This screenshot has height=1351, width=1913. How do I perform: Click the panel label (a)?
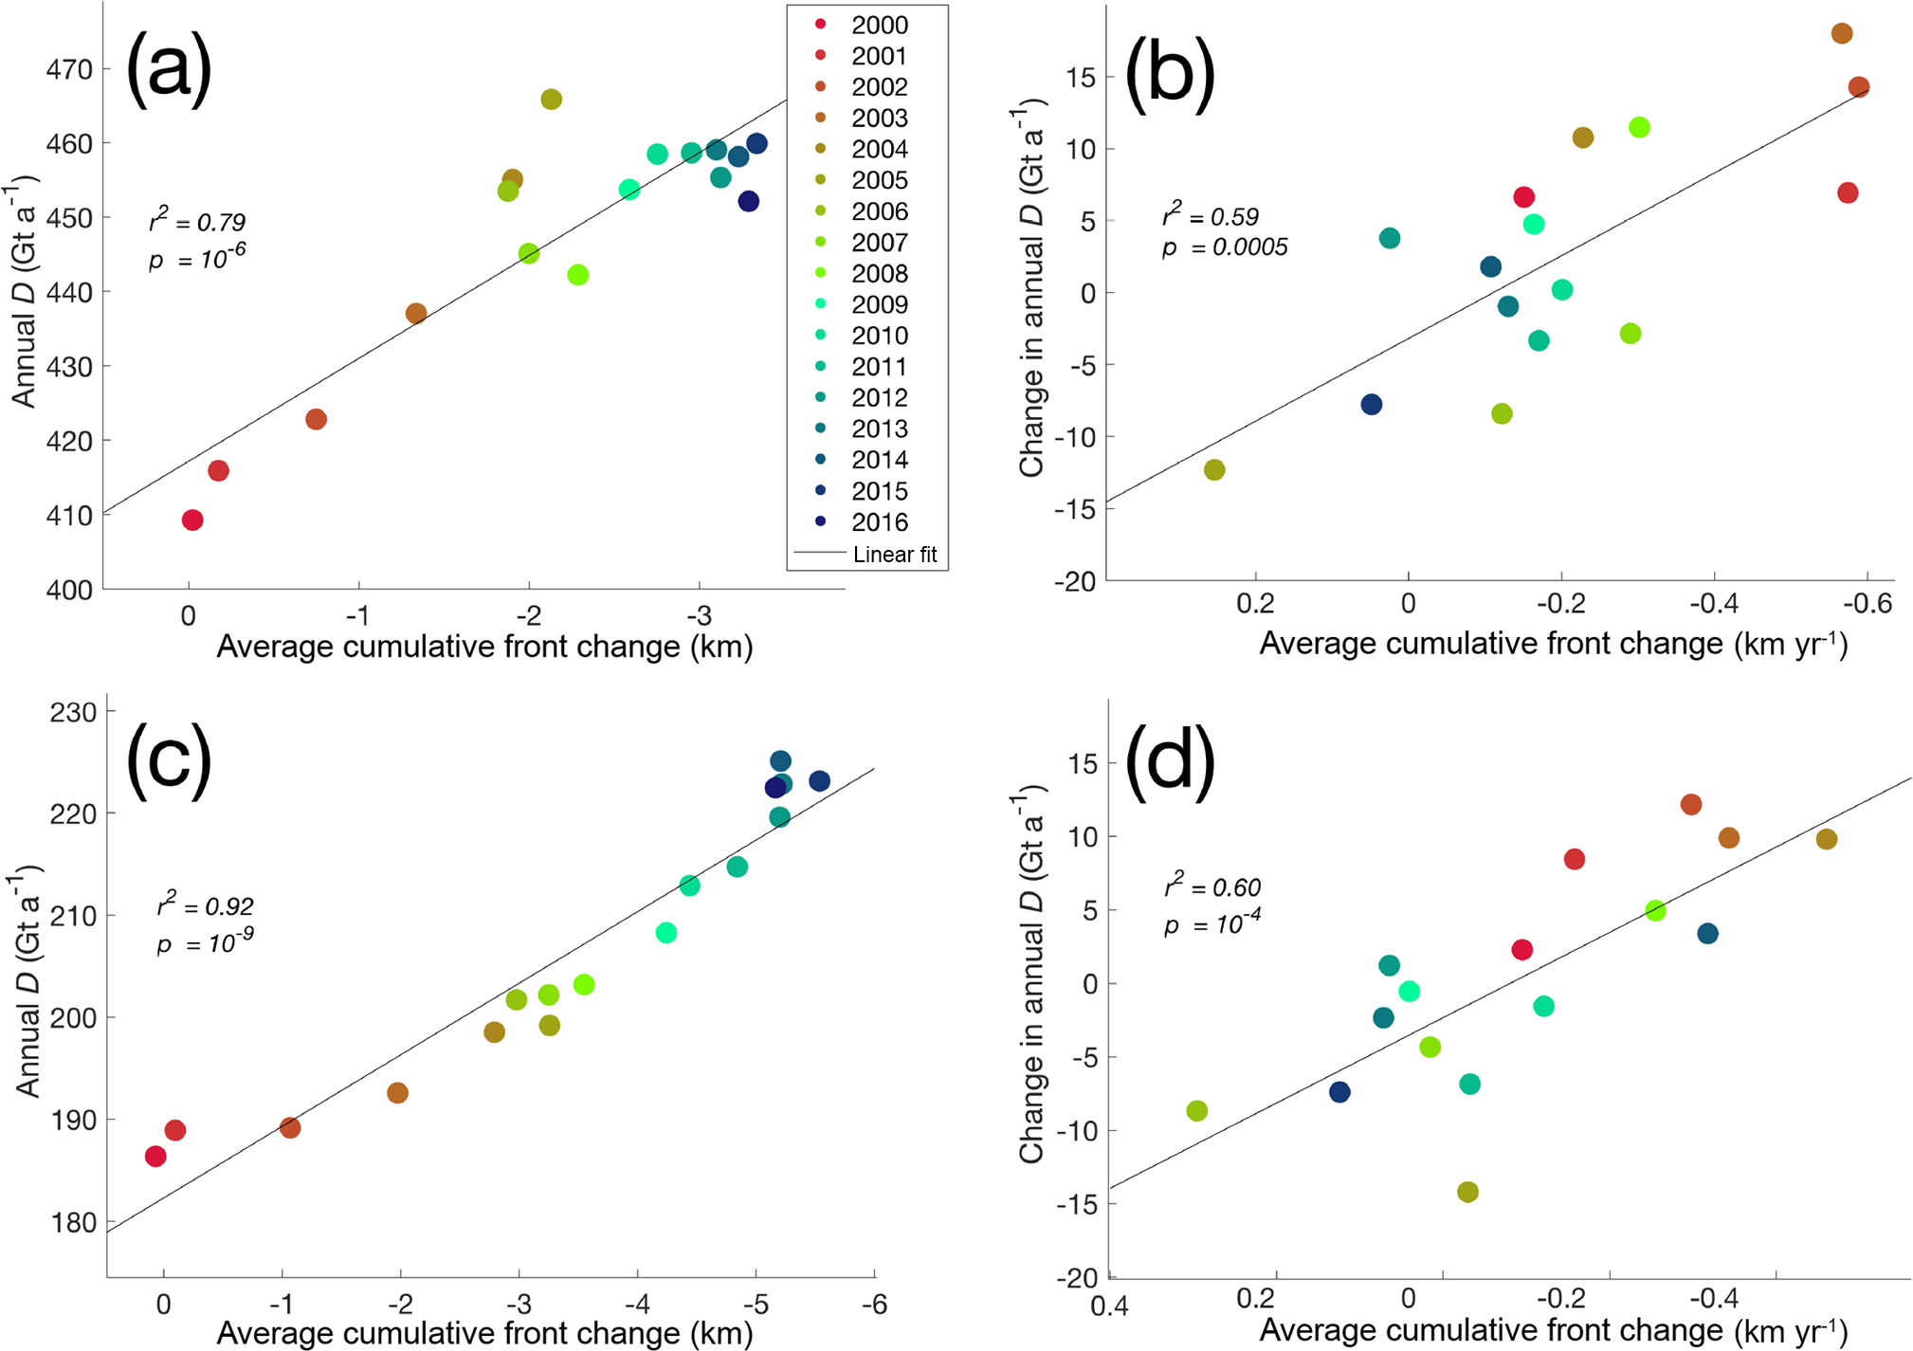tap(168, 68)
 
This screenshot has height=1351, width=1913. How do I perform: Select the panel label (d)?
tap(1169, 758)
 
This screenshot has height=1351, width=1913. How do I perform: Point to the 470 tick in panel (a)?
tap(69, 69)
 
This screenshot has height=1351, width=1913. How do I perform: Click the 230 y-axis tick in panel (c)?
tap(73, 712)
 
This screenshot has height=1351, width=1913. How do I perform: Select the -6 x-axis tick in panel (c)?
tap(874, 1305)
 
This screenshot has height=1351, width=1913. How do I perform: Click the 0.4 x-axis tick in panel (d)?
tap(1109, 1306)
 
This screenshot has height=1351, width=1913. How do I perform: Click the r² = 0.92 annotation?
tap(205, 906)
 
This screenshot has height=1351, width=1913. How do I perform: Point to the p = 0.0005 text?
tap(1225, 247)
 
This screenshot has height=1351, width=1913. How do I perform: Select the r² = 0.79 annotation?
tap(197, 222)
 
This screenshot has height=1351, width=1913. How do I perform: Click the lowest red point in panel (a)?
tap(192, 520)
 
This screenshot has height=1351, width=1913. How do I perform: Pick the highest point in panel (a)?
tap(551, 100)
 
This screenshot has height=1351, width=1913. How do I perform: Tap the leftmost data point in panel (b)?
tap(1214, 470)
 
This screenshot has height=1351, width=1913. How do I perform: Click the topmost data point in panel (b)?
tap(1842, 34)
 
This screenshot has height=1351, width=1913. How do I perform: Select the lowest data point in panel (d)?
tap(1467, 1192)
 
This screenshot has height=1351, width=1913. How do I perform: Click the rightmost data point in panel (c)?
tap(819, 781)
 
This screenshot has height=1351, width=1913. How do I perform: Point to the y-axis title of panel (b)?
tap(1031, 288)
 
